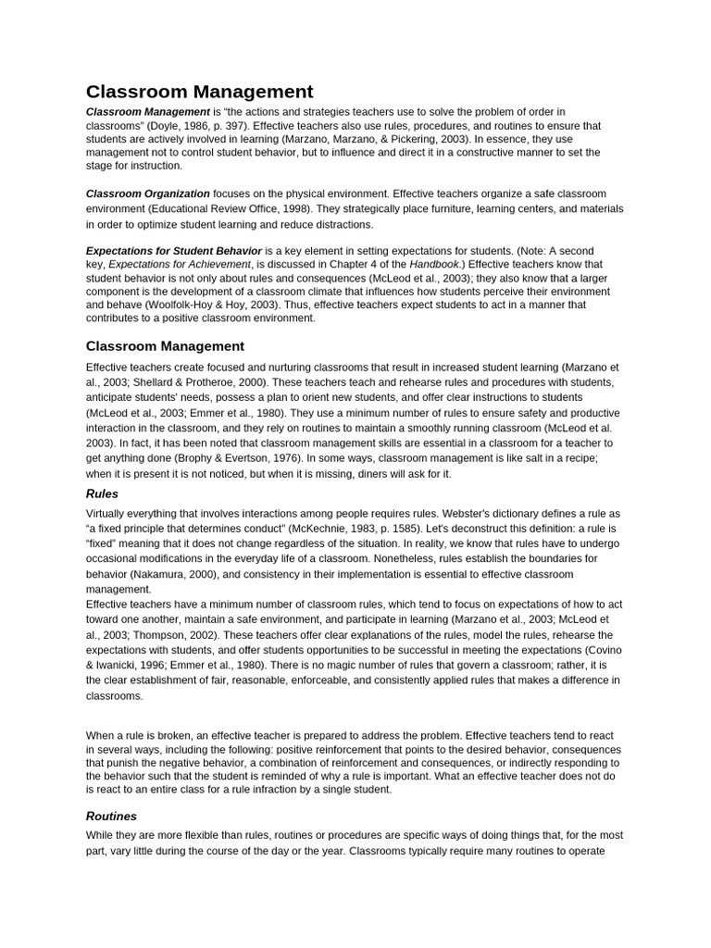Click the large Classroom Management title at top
pos(199,92)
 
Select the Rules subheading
pos(102,493)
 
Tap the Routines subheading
pos(111,816)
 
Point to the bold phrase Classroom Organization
pos(148,193)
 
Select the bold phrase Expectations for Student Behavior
pos(174,251)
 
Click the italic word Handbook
pos(433,264)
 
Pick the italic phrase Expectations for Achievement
pos(179,264)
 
